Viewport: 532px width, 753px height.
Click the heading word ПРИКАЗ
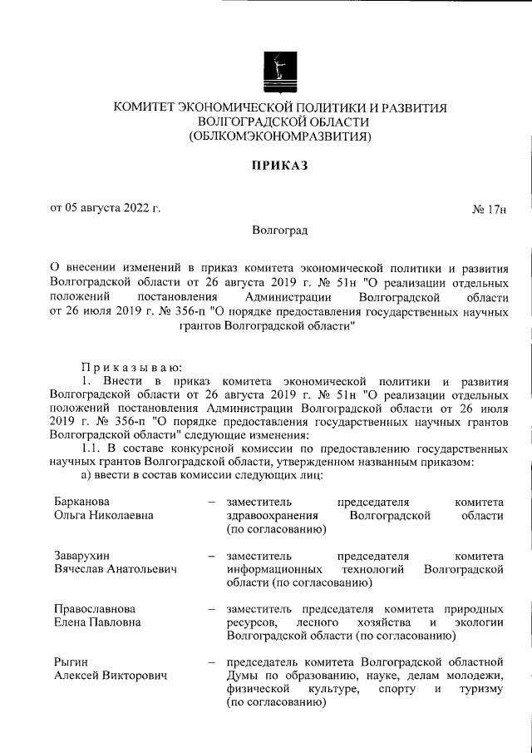click(280, 165)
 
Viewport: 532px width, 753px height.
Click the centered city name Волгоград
click(280, 230)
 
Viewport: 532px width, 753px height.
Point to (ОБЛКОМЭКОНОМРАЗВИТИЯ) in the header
click(280, 136)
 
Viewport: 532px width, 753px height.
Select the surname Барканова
click(81, 502)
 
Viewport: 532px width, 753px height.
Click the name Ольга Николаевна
click(104, 515)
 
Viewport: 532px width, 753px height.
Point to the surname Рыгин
click(70, 661)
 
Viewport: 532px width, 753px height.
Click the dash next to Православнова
click(211, 608)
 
